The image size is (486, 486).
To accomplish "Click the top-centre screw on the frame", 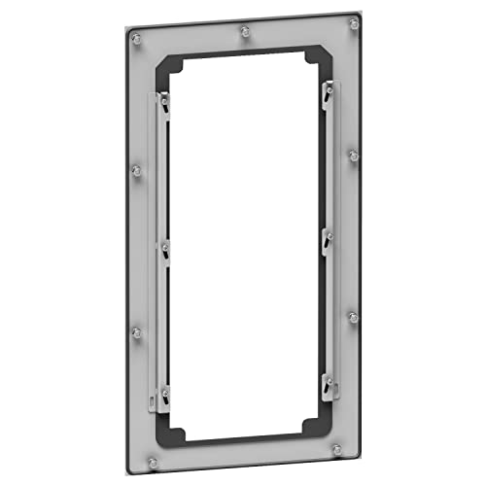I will click(x=242, y=32).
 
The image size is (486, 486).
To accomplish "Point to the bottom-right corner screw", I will click(x=337, y=450).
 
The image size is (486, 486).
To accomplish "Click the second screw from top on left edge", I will click(x=135, y=171).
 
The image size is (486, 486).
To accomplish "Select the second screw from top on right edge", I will click(x=353, y=155).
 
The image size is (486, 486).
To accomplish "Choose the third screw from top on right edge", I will click(x=352, y=317).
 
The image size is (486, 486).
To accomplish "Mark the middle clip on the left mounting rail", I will click(x=166, y=248).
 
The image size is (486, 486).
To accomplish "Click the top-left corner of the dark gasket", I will click(x=161, y=60).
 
